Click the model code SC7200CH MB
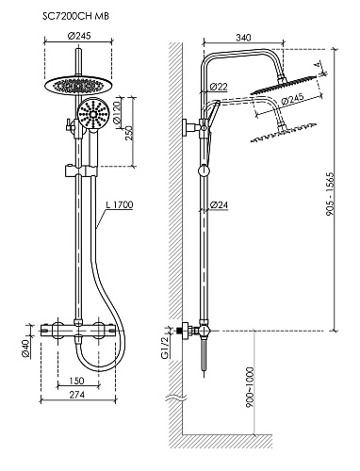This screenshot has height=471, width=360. coord(75,16)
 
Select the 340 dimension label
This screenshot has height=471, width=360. coord(243,38)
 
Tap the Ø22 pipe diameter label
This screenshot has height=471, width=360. coord(219,87)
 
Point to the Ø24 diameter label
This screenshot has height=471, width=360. coord(219,205)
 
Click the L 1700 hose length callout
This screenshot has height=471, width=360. coord(120,204)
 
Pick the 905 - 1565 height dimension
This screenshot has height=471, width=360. coord(330,194)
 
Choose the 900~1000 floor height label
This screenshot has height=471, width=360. coord(250,387)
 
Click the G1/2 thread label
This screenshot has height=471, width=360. coord(165,348)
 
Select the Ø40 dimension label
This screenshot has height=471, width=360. coord(25,349)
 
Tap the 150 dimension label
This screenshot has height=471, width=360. coord(76,381)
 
